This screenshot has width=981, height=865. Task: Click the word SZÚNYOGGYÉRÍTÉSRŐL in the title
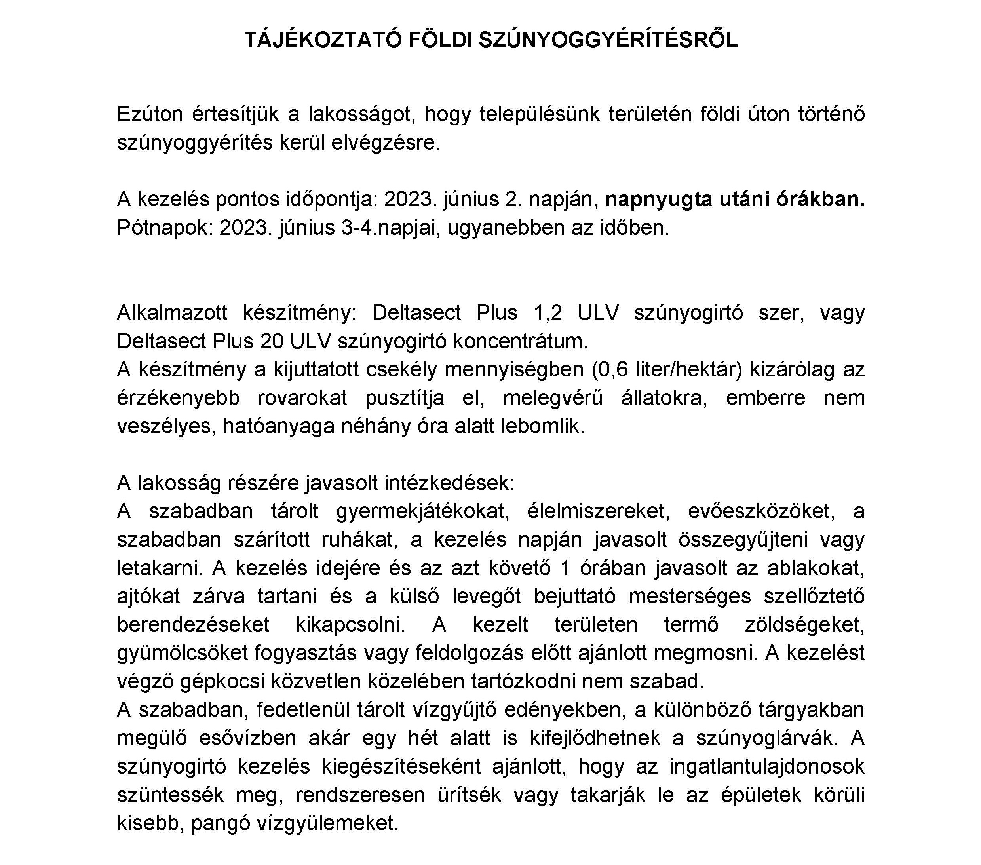tap(608, 41)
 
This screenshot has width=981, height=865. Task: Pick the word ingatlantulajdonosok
tap(767, 766)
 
